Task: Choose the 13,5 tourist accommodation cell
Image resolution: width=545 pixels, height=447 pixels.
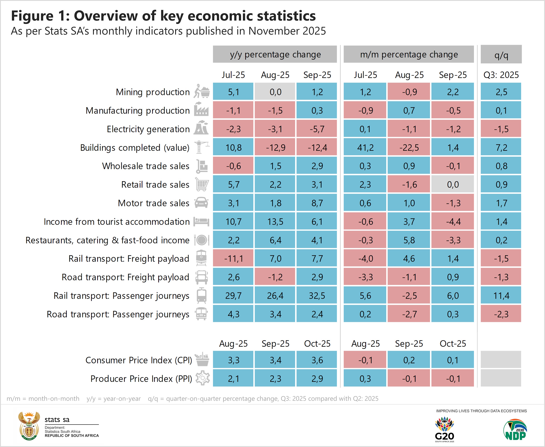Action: [x=275, y=222]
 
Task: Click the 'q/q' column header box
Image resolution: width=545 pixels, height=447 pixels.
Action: [x=501, y=55]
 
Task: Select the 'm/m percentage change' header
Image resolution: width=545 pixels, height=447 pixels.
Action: [x=409, y=54]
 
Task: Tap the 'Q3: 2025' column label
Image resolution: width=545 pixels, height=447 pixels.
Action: [x=501, y=75]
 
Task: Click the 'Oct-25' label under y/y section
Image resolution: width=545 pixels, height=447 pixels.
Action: [x=317, y=343]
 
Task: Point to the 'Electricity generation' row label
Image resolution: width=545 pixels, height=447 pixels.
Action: [x=148, y=129]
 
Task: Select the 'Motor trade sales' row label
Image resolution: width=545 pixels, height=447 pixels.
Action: [x=153, y=203]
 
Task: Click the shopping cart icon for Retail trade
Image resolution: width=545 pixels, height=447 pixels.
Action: [x=202, y=184]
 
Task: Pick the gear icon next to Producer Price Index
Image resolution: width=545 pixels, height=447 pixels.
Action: [x=203, y=378]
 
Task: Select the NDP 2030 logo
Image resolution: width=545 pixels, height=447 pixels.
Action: [x=515, y=430]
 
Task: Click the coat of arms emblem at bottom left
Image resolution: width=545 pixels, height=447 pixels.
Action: [x=29, y=426]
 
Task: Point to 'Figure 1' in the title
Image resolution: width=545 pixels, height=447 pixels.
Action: [x=40, y=16]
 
